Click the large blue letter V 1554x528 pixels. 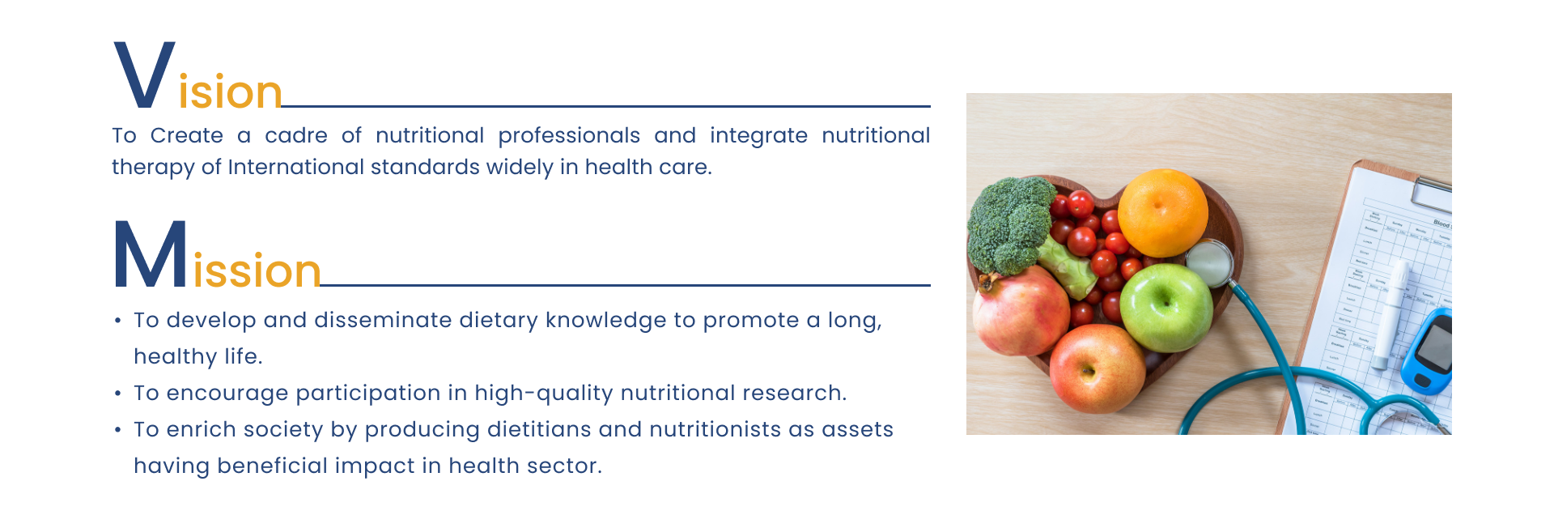pos(145,75)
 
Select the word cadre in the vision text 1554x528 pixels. pos(296,135)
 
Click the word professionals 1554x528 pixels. pos(569,136)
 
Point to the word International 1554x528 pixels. pos(295,167)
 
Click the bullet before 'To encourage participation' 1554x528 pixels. pos(118,394)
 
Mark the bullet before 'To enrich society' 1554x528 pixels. pos(118,430)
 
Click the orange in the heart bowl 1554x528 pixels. pos(1162,212)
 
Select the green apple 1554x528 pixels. pos(1166,307)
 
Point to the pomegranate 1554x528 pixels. pos(1020,311)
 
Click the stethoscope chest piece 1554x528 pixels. pos(1209,263)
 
